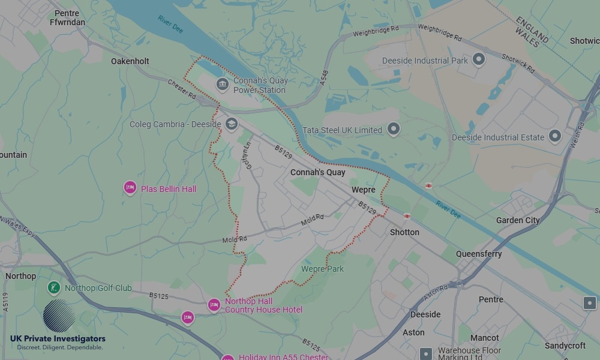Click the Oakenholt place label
point(130,61)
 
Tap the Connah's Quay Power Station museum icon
point(222,83)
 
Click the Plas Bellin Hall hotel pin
point(130,188)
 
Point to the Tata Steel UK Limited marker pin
point(394,128)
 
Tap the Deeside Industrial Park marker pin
point(478,59)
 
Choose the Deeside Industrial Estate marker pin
point(554,136)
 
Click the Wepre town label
point(364,190)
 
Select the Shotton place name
point(404,232)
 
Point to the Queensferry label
point(479,254)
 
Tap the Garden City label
point(518,220)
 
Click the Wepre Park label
point(323,269)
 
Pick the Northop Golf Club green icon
point(54,288)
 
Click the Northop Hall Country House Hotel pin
point(214,305)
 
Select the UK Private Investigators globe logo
point(59,316)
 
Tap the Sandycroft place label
point(566,346)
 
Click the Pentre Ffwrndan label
point(67,17)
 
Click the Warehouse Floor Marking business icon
point(426,354)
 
